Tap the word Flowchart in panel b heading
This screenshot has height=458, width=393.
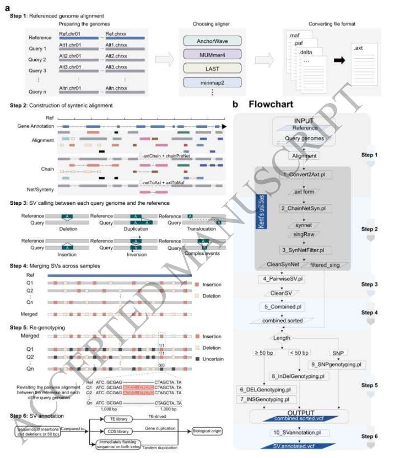click(271, 104)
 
